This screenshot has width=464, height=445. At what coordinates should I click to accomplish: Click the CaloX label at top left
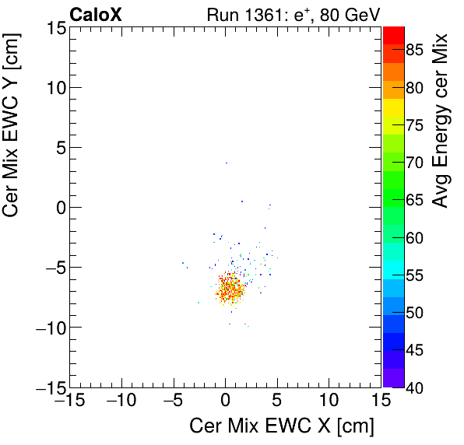95,14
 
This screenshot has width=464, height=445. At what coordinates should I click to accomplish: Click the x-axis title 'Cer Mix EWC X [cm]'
282,426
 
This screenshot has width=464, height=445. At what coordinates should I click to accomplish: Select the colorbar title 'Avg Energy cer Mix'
441,121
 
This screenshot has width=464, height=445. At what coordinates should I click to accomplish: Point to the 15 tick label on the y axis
54,28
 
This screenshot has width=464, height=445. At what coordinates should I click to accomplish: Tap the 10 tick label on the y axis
54,88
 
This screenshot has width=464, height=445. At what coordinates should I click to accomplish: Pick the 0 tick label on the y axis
60,208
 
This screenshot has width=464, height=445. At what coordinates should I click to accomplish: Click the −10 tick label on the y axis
48,328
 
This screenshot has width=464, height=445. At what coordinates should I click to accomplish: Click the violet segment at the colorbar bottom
392,381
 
